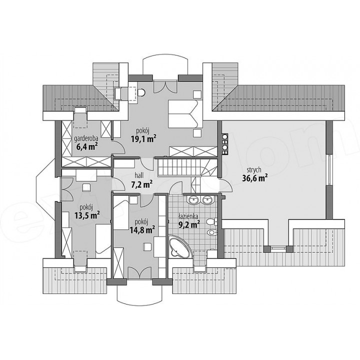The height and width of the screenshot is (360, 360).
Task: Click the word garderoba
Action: (86, 138)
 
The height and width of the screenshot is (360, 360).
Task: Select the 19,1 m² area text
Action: (144, 138)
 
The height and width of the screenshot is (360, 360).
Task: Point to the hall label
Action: (139, 175)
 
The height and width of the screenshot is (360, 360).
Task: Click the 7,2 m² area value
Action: (142, 184)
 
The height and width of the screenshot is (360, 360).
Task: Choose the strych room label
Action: (254, 170)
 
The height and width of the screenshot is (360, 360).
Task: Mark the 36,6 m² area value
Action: (255, 178)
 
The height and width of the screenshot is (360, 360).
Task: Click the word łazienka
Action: (188, 216)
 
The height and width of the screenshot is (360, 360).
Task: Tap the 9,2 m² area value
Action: (189, 224)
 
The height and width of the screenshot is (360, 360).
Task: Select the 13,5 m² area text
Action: (87, 215)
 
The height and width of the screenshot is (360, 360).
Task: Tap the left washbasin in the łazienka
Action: (193, 199)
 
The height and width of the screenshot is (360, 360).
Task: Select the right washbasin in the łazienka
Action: (207, 199)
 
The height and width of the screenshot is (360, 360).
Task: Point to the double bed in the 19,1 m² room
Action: (185, 113)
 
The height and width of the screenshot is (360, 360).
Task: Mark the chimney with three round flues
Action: (224, 144)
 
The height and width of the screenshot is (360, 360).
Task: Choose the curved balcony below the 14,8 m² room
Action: (139, 293)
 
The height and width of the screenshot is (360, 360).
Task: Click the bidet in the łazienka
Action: (212, 232)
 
